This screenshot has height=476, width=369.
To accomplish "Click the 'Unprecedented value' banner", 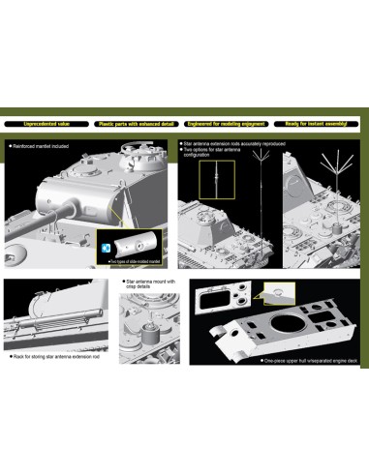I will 47,124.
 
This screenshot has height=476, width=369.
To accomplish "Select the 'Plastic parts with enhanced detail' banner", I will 136,124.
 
